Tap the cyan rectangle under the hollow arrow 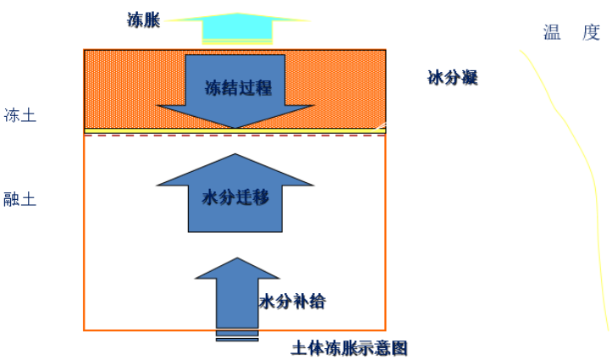click(237, 33)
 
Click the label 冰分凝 click(453, 79)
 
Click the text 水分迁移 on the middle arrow click(234, 198)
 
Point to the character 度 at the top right click(591, 33)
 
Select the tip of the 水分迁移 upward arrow click(234, 156)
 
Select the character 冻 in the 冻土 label click(12, 114)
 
